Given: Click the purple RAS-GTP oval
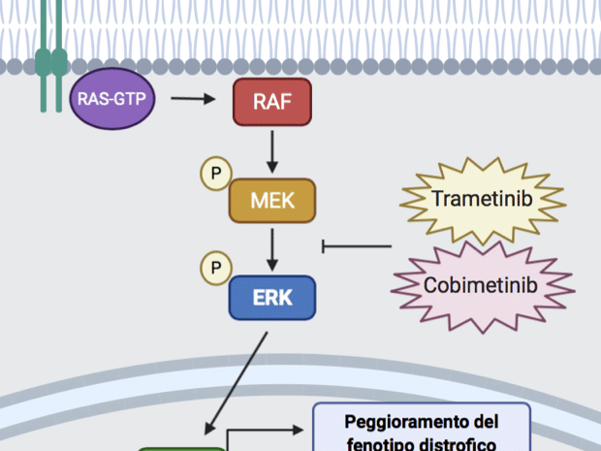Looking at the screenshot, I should coord(111,100).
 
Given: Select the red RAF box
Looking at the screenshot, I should coord(271,102).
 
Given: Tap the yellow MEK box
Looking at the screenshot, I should coord(272,201).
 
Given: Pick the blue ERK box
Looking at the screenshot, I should coord(272,297).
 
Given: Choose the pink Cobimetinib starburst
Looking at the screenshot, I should coord(481,285).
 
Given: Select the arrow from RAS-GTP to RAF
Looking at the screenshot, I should coord(194,99).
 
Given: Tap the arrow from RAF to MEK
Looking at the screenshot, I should coord(272,150).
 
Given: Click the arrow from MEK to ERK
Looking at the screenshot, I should coord(272,249).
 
